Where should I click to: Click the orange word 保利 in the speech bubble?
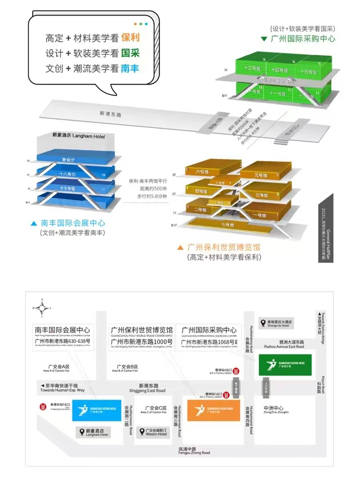130,38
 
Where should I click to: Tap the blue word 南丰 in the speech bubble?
130,67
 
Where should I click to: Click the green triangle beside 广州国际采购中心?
264,39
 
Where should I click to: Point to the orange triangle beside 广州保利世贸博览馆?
181,248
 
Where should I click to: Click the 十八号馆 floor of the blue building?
69,172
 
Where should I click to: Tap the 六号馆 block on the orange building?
201,171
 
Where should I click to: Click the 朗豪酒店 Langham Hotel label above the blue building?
86,136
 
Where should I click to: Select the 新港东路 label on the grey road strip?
112,113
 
